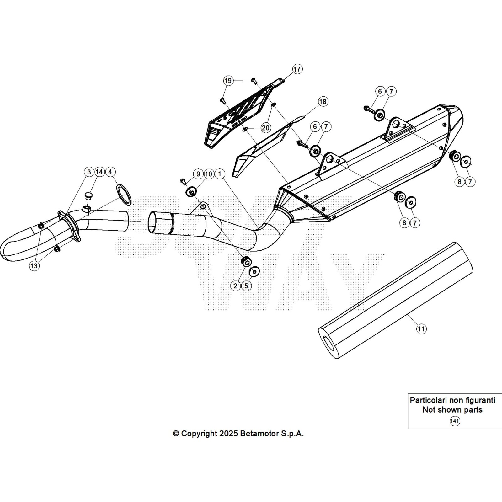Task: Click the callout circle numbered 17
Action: [x=297, y=69]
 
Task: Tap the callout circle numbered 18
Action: [x=323, y=102]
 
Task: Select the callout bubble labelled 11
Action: [x=421, y=329]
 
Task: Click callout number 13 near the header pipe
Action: [x=34, y=266]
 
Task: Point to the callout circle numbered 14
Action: [x=99, y=172]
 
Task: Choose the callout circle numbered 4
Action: [x=110, y=172]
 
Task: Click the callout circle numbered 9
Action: [x=198, y=174]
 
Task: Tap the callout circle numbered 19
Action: [x=228, y=81]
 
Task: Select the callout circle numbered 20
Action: [x=265, y=128]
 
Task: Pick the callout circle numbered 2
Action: [x=235, y=286]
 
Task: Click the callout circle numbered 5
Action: [x=246, y=286]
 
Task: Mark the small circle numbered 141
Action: [x=455, y=421]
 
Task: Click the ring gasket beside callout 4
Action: [x=124, y=195]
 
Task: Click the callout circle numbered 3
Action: [x=89, y=172]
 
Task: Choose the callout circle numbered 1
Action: [x=220, y=174]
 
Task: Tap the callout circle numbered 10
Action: [x=209, y=174]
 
